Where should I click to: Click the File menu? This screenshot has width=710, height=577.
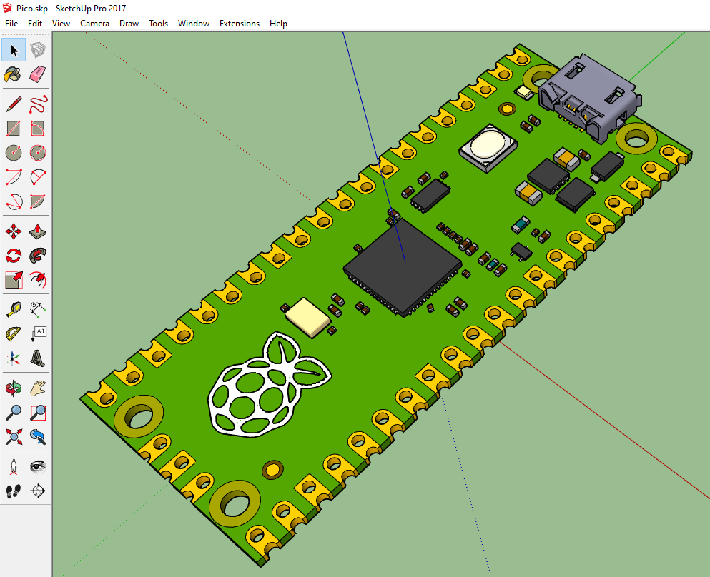click(11, 24)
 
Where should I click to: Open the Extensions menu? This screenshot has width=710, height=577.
click(239, 24)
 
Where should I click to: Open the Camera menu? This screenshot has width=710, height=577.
click(94, 24)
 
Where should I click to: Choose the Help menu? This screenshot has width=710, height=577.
click(278, 24)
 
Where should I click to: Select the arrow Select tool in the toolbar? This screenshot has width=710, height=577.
click(14, 50)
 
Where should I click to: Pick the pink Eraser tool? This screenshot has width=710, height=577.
click(38, 74)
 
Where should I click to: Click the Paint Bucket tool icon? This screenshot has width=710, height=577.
click(13, 74)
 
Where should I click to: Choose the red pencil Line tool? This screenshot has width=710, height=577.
click(14, 105)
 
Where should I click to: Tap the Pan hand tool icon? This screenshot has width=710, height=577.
click(38, 388)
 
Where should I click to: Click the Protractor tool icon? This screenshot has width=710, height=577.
click(14, 334)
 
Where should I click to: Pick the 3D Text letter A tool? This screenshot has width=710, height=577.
click(38, 358)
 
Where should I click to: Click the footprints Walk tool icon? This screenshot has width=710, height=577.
click(14, 491)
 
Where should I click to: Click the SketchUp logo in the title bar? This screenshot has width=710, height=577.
click(7, 7)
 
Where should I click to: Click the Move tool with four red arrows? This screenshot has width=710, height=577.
click(14, 231)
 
